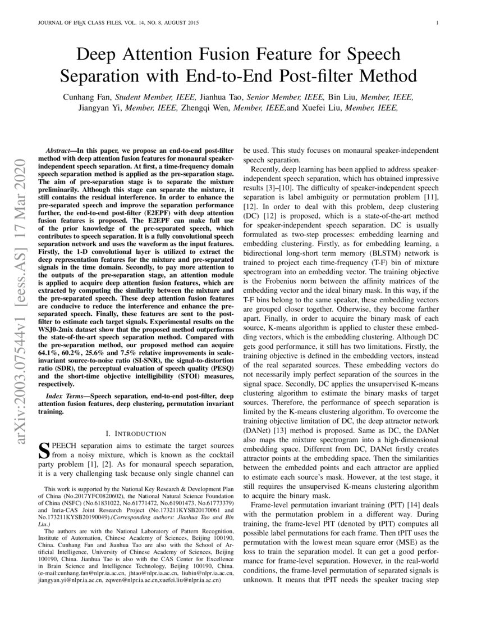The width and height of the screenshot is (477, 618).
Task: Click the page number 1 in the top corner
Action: pos(437,23)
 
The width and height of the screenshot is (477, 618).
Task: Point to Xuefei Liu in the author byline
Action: pos(323,108)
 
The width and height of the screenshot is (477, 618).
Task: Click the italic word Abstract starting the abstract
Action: pos(57,152)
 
